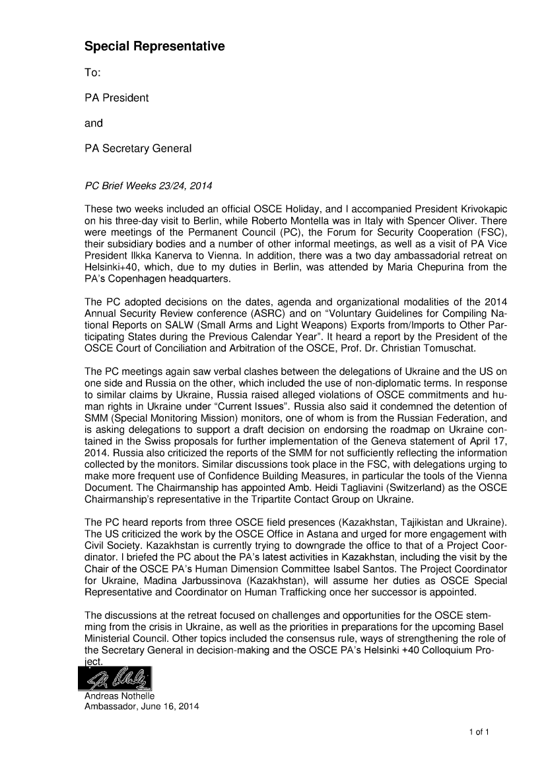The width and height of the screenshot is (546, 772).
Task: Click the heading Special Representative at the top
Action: pos(154,47)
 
